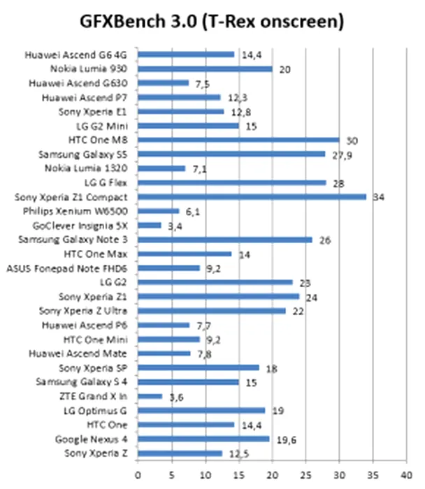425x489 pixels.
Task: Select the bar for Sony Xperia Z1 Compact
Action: click(x=252, y=196)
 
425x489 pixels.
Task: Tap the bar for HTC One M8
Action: click(x=238, y=140)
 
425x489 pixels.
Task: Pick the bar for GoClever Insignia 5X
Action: click(x=150, y=225)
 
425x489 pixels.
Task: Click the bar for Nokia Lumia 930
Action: click(x=205, y=68)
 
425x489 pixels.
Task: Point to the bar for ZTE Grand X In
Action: click(x=150, y=396)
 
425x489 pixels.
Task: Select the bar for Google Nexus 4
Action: click(x=203, y=439)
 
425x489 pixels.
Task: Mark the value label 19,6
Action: click(x=284, y=439)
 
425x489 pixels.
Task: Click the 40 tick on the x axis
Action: click(x=406, y=474)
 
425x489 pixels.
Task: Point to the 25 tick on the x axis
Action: click(x=305, y=474)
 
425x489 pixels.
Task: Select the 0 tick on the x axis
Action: click(x=138, y=474)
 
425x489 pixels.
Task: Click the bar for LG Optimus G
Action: click(x=201, y=410)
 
